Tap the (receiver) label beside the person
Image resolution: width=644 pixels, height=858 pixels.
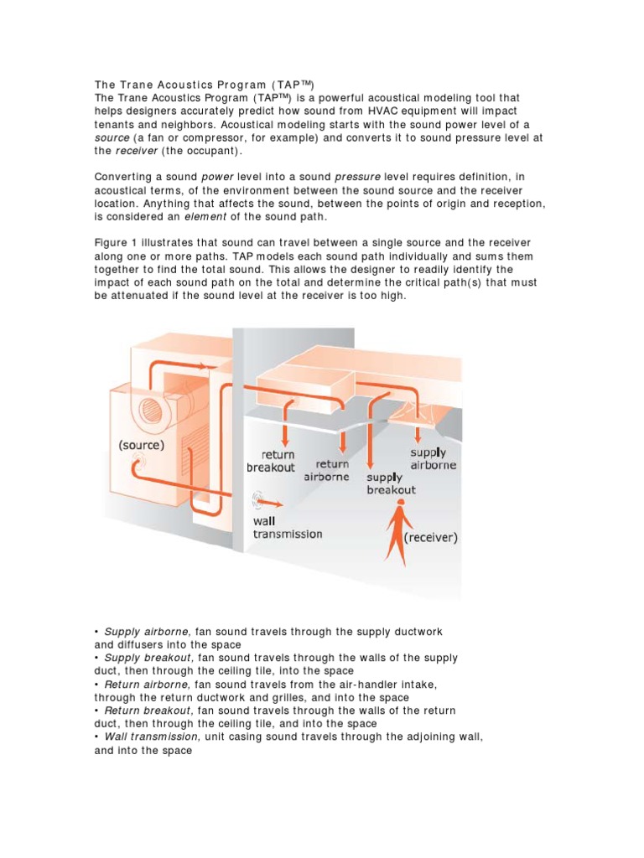[x=431, y=538]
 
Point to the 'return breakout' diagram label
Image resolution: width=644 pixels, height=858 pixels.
[x=270, y=461]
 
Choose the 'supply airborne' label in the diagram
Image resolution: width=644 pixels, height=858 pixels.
[x=433, y=458]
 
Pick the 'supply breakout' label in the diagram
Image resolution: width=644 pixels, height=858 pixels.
[x=391, y=483]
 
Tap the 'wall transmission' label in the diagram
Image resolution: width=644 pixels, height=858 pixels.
[x=287, y=527]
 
